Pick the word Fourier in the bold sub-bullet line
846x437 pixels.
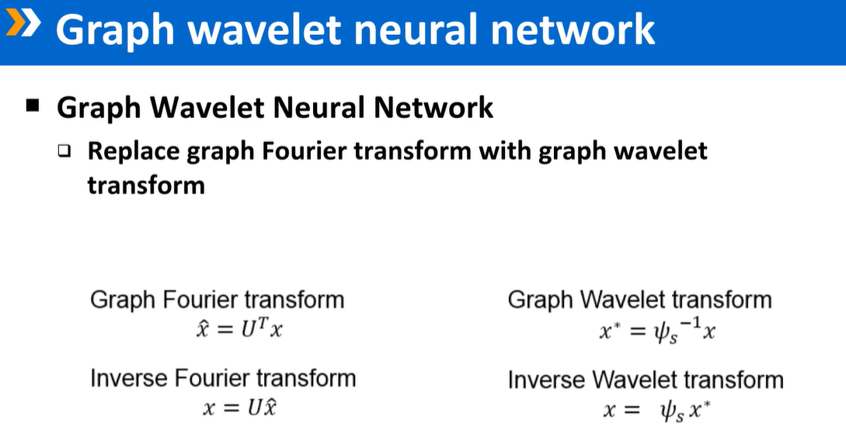(x=306, y=150)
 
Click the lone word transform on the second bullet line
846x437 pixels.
(x=146, y=185)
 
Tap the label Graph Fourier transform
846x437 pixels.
(x=217, y=300)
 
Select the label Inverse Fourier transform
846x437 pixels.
(x=223, y=379)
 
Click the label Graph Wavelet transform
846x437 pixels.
(x=639, y=300)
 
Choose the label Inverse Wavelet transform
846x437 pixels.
(x=646, y=380)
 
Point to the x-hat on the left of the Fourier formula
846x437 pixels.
(x=203, y=329)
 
